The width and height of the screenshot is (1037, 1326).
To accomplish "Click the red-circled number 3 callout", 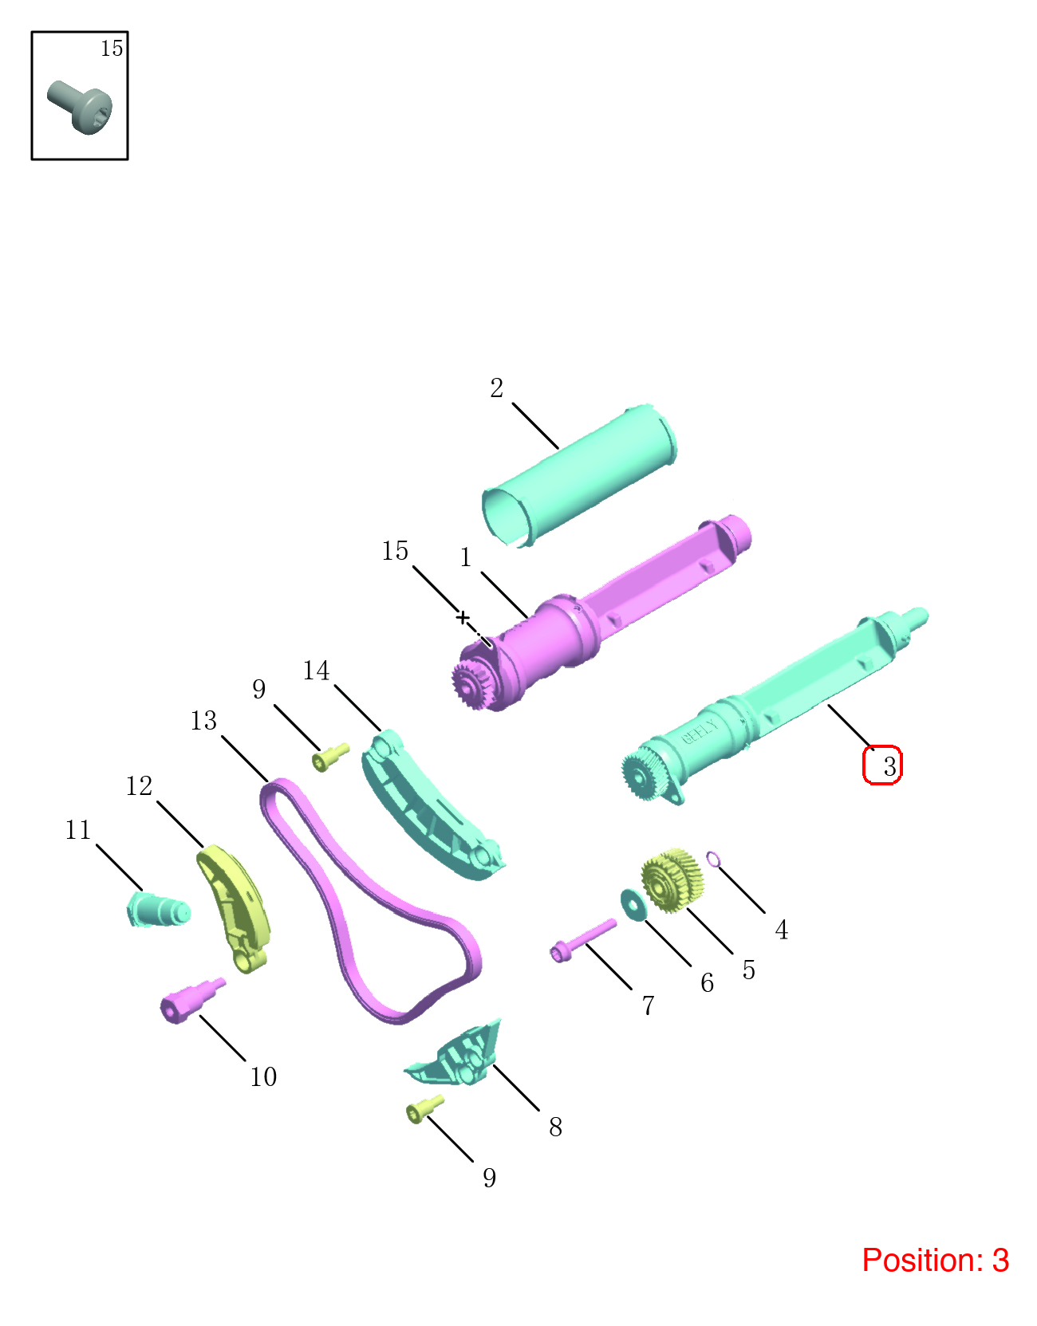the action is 882,765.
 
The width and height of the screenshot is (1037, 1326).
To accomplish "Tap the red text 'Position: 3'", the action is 935,1260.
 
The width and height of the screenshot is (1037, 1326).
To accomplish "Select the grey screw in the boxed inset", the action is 79,107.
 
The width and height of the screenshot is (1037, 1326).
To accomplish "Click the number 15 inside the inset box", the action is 112,48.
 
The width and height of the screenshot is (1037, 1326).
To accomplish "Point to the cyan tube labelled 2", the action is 578,474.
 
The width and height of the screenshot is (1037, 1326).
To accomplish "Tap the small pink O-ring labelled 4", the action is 713,860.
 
